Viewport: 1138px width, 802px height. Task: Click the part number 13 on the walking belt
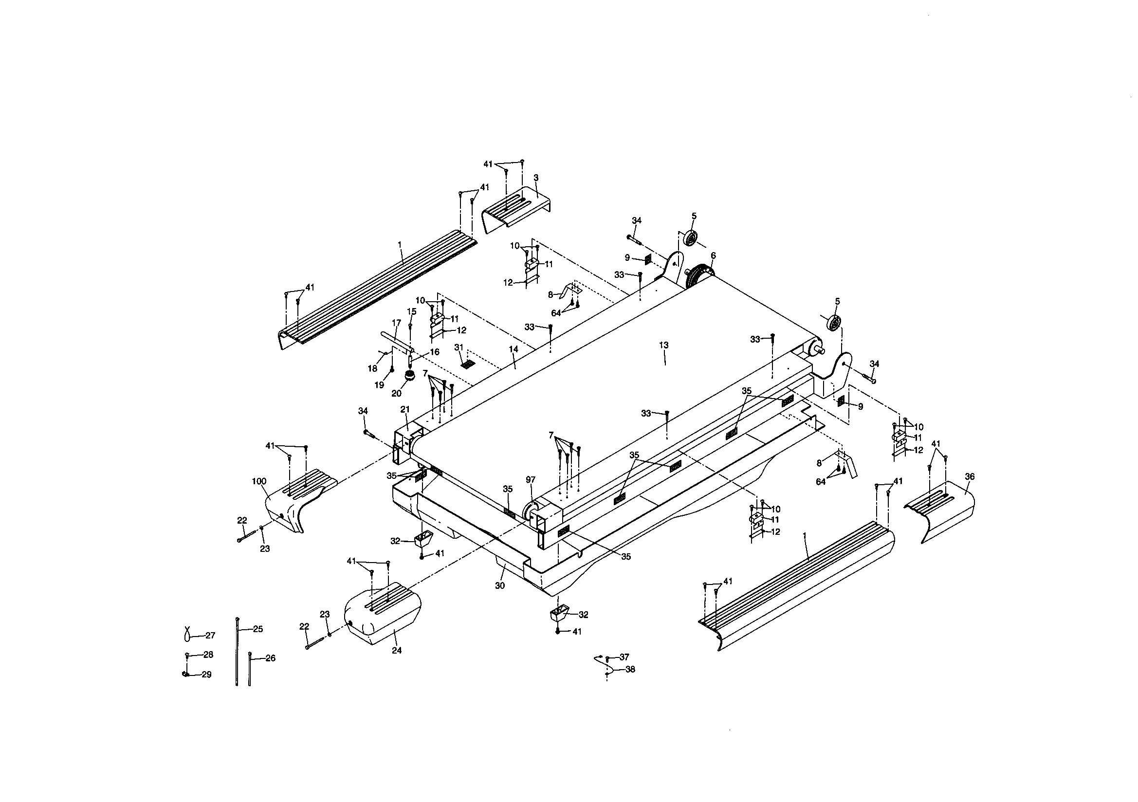(x=663, y=345)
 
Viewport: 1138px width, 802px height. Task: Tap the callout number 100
(x=259, y=481)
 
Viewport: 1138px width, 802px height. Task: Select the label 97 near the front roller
(x=531, y=479)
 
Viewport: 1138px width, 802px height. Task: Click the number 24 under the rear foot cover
(x=397, y=650)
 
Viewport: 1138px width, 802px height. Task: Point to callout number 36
(x=970, y=476)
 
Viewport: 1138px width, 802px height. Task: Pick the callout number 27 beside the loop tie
(x=210, y=635)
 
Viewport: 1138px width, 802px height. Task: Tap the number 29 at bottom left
(x=206, y=674)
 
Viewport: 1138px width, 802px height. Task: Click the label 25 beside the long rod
(x=258, y=629)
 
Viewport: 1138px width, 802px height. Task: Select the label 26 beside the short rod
(x=270, y=658)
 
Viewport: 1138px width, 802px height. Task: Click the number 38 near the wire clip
(x=630, y=669)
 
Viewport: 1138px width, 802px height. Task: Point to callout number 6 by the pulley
(x=713, y=255)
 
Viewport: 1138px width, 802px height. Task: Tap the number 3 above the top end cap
(x=536, y=178)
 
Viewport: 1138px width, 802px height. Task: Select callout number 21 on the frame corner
(x=405, y=409)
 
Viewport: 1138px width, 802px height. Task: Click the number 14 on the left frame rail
(x=514, y=349)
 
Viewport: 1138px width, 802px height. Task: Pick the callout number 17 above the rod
(x=396, y=323)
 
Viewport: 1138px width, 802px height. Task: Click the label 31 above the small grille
(x=459, y=347)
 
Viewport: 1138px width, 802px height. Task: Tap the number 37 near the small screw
(x=624, y=657)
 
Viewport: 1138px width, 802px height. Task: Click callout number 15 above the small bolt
(x=411, y=311)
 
